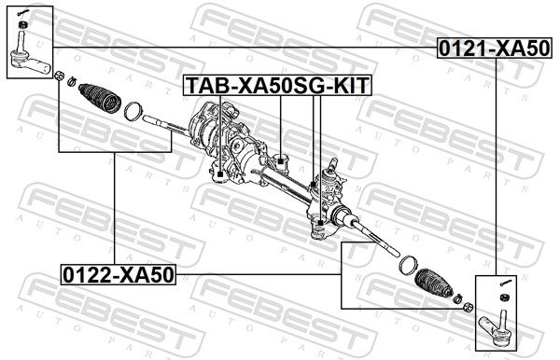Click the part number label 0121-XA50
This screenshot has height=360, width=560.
[x=495, y=48]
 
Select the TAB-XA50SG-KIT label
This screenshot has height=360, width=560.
[x=277, y=86]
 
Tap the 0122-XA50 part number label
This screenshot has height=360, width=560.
[x=119, y=275]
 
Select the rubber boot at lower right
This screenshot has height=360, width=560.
[x=434, y=282]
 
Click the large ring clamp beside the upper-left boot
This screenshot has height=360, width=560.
[x=134, y=111]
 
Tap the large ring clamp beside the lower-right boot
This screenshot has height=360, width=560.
[x=409, y=266]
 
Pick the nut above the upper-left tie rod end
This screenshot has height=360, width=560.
[x=23, y=25]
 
